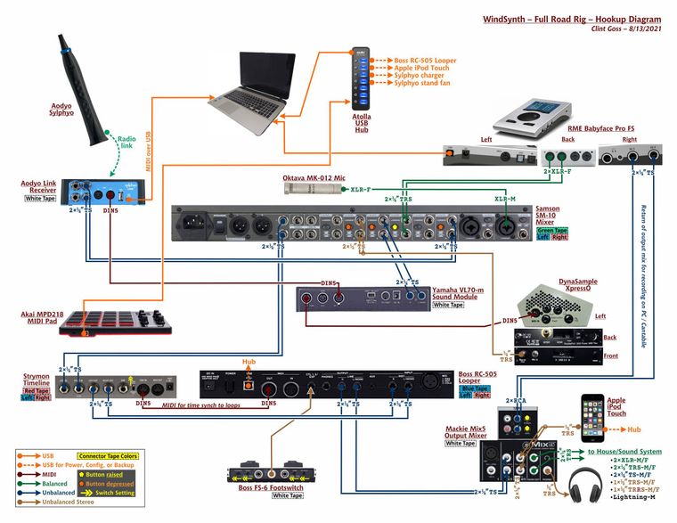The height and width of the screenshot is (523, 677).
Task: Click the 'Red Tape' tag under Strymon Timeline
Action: click(36, 388)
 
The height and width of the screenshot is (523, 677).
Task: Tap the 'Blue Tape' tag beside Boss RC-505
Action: click(474, 388)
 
